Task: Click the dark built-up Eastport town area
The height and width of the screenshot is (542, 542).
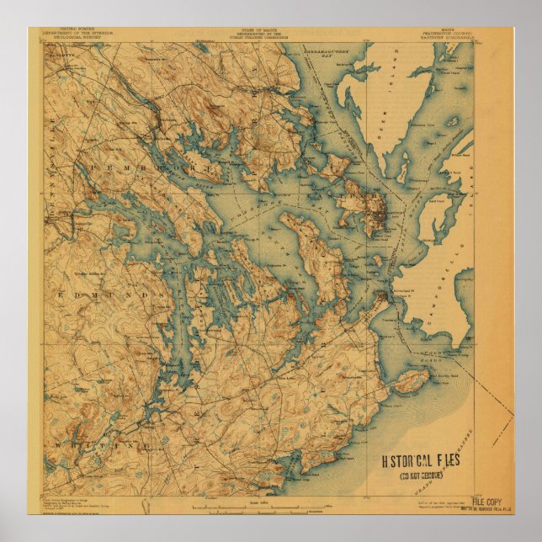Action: tap(377, 214)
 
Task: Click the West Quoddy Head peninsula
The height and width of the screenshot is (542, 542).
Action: tap(410, 382)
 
